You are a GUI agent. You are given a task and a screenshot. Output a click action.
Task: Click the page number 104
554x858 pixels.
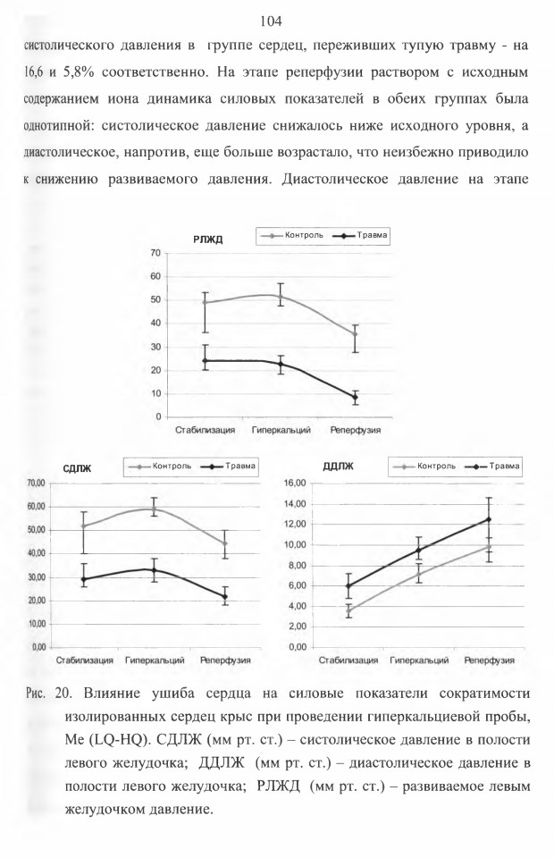point(271,21)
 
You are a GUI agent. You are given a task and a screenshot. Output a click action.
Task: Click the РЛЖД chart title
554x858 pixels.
point(207,240)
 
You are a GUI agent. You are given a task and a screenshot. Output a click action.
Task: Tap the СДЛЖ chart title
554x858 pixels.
point(77,469)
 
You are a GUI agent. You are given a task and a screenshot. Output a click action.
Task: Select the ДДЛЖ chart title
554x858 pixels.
point(338,467)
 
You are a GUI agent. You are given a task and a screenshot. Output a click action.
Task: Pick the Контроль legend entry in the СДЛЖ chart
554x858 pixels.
point(161,467)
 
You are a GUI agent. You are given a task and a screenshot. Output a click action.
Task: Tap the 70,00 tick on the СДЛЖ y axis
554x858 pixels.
point(35,484)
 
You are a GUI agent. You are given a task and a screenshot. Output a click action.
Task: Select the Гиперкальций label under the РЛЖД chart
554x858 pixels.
point(281,430)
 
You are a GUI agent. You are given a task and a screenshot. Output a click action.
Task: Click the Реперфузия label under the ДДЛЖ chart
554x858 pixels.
point(490,660)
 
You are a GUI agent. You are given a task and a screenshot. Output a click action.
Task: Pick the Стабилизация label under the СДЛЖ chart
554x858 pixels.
point(85,660)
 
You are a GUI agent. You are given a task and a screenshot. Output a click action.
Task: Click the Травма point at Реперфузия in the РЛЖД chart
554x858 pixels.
point(355,397)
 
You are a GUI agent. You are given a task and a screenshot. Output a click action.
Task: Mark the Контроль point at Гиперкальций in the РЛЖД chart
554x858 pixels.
point(281,297)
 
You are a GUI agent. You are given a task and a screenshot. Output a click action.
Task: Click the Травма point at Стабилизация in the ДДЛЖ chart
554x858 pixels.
point(348,586)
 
